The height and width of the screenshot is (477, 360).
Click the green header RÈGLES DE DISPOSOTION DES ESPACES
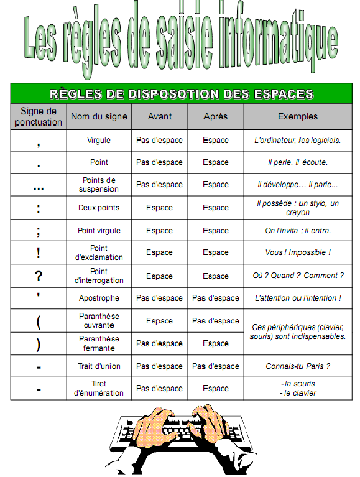coord(181,94)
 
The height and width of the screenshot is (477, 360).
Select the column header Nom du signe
coord(99,116)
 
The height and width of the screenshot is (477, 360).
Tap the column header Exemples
coord(297,116)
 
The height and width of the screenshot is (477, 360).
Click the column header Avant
coord(159,116)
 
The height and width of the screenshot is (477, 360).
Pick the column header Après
coord(215,116)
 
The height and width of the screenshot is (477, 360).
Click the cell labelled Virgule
coord(99,141)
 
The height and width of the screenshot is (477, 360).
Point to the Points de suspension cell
coord(99,185)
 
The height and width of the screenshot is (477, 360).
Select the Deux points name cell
coord(99,208)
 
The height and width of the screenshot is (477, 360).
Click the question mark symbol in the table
coord(39,276)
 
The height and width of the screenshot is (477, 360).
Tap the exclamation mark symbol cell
coord(39,253)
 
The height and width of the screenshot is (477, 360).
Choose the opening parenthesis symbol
coord(39,322)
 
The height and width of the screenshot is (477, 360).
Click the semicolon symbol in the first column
coord(39,231)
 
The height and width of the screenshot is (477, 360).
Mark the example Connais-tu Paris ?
coord(297,366)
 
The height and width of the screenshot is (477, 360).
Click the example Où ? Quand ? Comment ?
coord(298,276)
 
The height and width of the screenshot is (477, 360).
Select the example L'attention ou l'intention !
coord(297,299)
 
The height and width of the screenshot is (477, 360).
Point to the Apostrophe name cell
coord(99,299)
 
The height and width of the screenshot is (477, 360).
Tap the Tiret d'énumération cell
coord(99,389)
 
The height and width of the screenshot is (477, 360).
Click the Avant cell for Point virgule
coord(159,231)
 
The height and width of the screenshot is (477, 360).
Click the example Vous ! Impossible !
coord(298,253)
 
